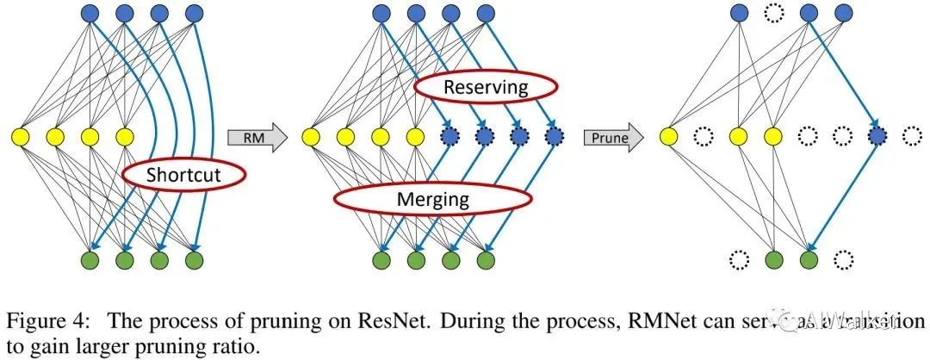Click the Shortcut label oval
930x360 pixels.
coord(183,176)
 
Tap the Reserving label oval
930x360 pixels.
coord(484,87)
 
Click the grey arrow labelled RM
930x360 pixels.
coord(257,136)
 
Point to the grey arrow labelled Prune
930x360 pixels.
coord(612,136)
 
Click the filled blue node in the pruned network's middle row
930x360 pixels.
coord(877,135)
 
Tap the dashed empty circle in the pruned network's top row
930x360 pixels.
coord(773,13)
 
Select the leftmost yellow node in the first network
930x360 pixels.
coord(20,136)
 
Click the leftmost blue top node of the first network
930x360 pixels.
coord(92,13)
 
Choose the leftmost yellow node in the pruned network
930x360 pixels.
coord(669,135)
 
